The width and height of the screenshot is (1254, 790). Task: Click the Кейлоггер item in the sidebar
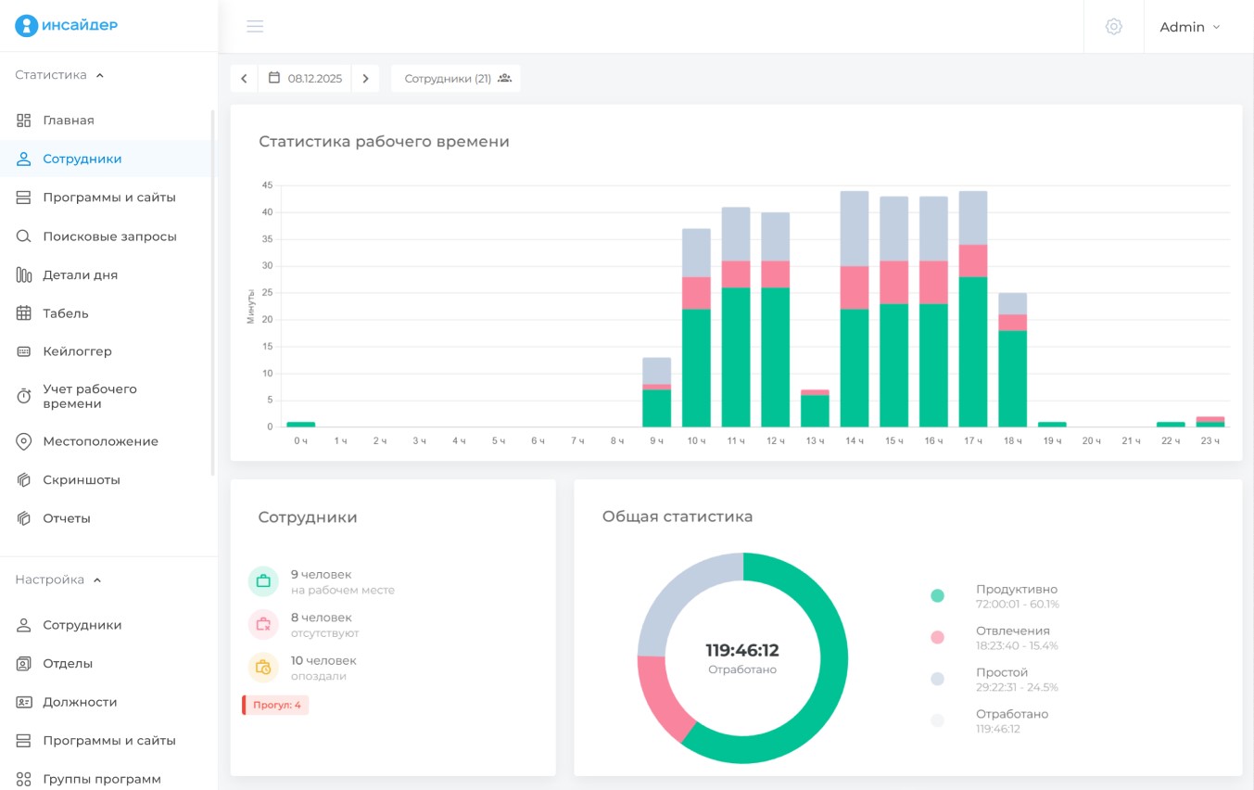coord(77,351)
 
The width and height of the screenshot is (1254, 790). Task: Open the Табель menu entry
coord(66,313)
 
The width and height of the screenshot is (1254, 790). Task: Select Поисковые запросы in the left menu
coord(109,236)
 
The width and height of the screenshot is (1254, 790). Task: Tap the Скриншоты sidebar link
coord(82,479)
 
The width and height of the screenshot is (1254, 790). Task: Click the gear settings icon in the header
coord(1113,26)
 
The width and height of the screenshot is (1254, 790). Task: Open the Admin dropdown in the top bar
coord(1190,27)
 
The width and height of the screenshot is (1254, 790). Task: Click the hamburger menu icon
coord(255,26)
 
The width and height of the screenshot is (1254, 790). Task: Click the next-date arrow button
coord(365,79)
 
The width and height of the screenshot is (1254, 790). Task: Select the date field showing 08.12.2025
coord(305,79)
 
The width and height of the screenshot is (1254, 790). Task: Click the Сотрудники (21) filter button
coord(456,79)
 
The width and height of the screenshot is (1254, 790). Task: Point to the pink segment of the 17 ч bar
coord(973,261)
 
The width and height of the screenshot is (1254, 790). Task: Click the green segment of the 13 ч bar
coord(815,411)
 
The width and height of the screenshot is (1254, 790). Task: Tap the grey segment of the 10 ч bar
coord(696,253)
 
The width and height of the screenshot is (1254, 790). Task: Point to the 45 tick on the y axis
coord(267,185)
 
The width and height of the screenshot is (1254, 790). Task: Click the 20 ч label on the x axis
coord(1091,441)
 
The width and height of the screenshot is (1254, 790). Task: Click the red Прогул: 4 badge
coord(275,705)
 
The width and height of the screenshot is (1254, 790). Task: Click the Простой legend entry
coord(994,679)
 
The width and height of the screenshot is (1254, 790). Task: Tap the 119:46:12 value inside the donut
coord(742,650)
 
